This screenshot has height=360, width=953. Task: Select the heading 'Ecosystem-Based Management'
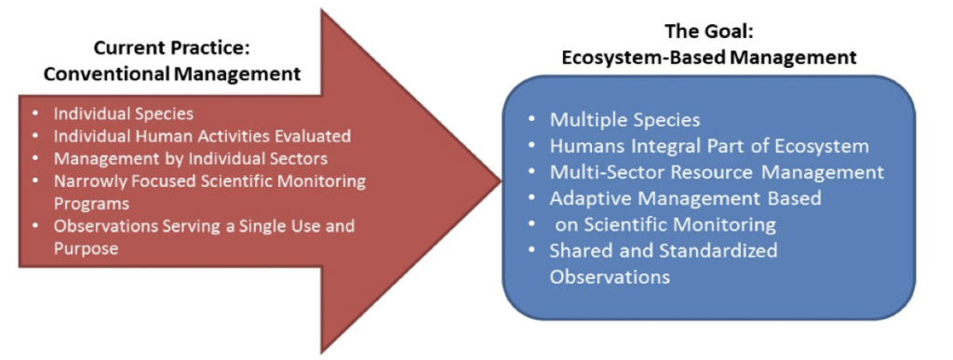pyautogui.click(x=709, y=58)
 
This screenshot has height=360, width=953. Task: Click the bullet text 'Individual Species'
pyautogui.click(x=123, y=113)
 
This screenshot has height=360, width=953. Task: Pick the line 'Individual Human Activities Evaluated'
pyautogui.click(x=202, y=136)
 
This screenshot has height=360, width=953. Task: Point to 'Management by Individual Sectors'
pyautogui.click(x=191, y=158)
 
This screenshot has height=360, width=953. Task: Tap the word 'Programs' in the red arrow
pyautogui.click(x=91, y=203)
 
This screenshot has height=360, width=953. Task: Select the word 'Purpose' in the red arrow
pyautogui.click(x=87, y=247)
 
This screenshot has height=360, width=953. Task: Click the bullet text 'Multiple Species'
pyautogui.click(x=624, y=120)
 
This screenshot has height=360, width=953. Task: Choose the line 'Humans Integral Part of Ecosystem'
pyautogui.click(x=709, y=146)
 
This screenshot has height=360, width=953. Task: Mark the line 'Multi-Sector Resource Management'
pyautogui.click(x=717, y=172)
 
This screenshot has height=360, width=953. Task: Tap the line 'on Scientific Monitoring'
pyautogui.click(x=665, y=224)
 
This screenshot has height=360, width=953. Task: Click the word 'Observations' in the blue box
pyautogui.click(x=610, y=276)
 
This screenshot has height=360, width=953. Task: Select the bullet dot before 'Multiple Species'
pyautogui.click(x=531, y=120)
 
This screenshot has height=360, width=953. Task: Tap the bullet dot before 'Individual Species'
pyautogui.click(x=35, y=113)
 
